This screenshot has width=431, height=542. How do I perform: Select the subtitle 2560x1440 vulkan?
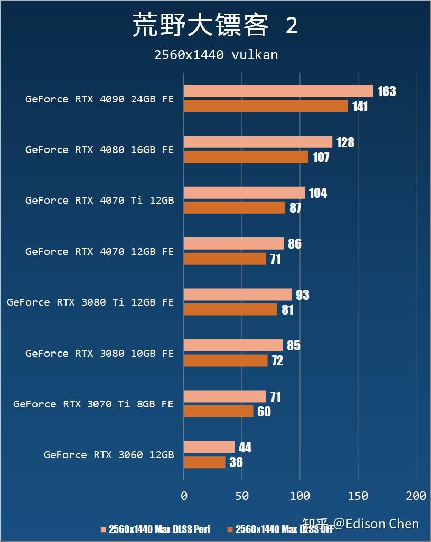[x=215, y=55]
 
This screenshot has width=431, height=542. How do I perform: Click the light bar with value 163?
[x=278, y=91]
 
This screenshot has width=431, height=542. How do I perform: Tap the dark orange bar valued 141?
[x=266, y=106]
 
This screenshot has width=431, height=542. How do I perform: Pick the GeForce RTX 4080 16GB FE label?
[x=99, y=150]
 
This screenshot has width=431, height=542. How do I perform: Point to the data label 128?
[x=345, y=142]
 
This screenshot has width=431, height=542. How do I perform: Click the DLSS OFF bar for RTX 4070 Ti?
[x=234, y=208]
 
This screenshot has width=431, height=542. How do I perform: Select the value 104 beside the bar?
[x=318, y=193]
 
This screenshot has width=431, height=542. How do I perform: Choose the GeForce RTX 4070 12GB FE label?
[x=99, y=252]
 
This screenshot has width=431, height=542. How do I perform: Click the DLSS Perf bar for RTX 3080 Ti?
[x=238, y=294]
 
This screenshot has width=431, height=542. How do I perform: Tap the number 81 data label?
[x=287, y=310]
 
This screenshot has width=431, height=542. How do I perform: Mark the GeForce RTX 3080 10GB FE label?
[x=99, y=354]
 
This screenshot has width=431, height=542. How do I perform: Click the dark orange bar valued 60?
[x=218, y=411]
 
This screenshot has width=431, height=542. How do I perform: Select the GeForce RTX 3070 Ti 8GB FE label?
[x=93, y=404]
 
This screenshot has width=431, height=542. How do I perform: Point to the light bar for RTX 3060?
[x=209, y=447]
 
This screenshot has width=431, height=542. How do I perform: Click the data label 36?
[x=236, y=462]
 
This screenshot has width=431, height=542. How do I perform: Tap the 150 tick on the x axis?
[x=358, y=496]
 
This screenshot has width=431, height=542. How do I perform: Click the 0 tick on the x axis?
[x=184, y=496]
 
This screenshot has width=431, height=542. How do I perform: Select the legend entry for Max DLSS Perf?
[x=159, y=529]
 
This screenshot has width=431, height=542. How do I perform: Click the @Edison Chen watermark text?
[x=377, y=524]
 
